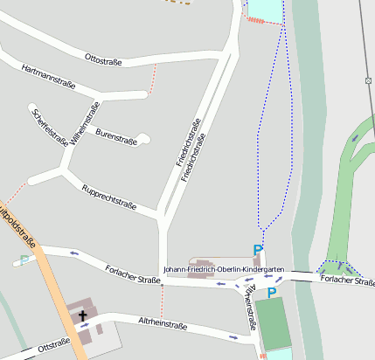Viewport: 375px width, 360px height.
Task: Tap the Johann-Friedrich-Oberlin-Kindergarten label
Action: (223, 270)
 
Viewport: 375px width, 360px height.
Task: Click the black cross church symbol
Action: (85, 315)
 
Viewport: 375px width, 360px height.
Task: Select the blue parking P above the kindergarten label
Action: (258, 251)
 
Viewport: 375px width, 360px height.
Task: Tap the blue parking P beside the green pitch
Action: (272, 292)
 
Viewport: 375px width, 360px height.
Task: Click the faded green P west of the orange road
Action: (24, 260)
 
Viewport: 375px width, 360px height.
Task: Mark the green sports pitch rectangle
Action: (276, 323)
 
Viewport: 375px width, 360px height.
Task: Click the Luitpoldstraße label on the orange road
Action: (17, 229)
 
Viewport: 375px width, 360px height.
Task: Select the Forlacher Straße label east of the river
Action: (347, 280)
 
